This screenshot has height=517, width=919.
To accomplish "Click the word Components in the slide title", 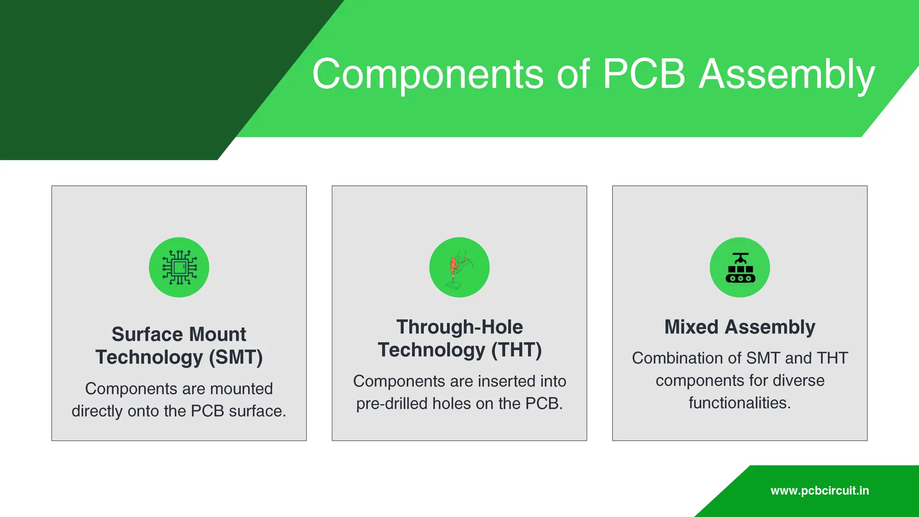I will coord(428,74).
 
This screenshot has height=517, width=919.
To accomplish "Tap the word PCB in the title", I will coord(643,74).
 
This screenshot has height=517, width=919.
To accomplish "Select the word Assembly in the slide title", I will coord(787,74).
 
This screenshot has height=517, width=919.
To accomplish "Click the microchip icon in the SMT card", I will coord(179,267).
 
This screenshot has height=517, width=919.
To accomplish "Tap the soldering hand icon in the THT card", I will coord(459,267).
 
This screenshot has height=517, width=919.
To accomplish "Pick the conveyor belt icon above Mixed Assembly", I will coord(740,267).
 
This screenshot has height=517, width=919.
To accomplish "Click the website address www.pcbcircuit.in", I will coord(819,491).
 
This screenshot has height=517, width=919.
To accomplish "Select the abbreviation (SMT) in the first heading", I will coord(236,357).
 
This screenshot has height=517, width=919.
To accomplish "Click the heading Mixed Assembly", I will coord(740,327).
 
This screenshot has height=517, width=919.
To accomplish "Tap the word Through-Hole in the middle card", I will coord(459,327).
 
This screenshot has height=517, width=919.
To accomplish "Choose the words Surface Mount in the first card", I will coord(179,334).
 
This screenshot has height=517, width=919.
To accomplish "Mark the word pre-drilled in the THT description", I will coord(391,403).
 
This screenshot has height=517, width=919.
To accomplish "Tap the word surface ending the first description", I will coord(257,411).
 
